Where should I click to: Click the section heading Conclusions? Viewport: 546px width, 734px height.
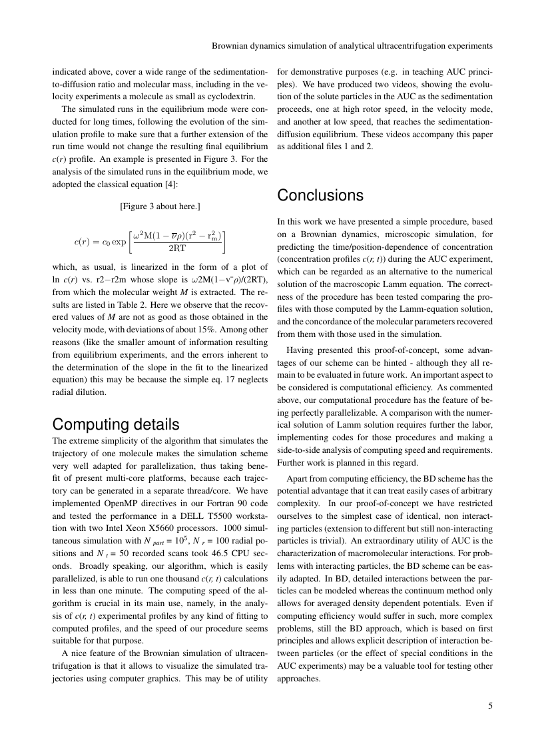(320, 195)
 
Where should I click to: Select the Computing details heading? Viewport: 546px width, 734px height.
(115, 424)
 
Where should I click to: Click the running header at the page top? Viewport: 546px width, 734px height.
(352, 47)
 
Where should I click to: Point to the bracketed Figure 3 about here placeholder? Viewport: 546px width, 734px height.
(160, 206)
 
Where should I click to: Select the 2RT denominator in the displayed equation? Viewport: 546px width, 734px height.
(177, 248)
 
